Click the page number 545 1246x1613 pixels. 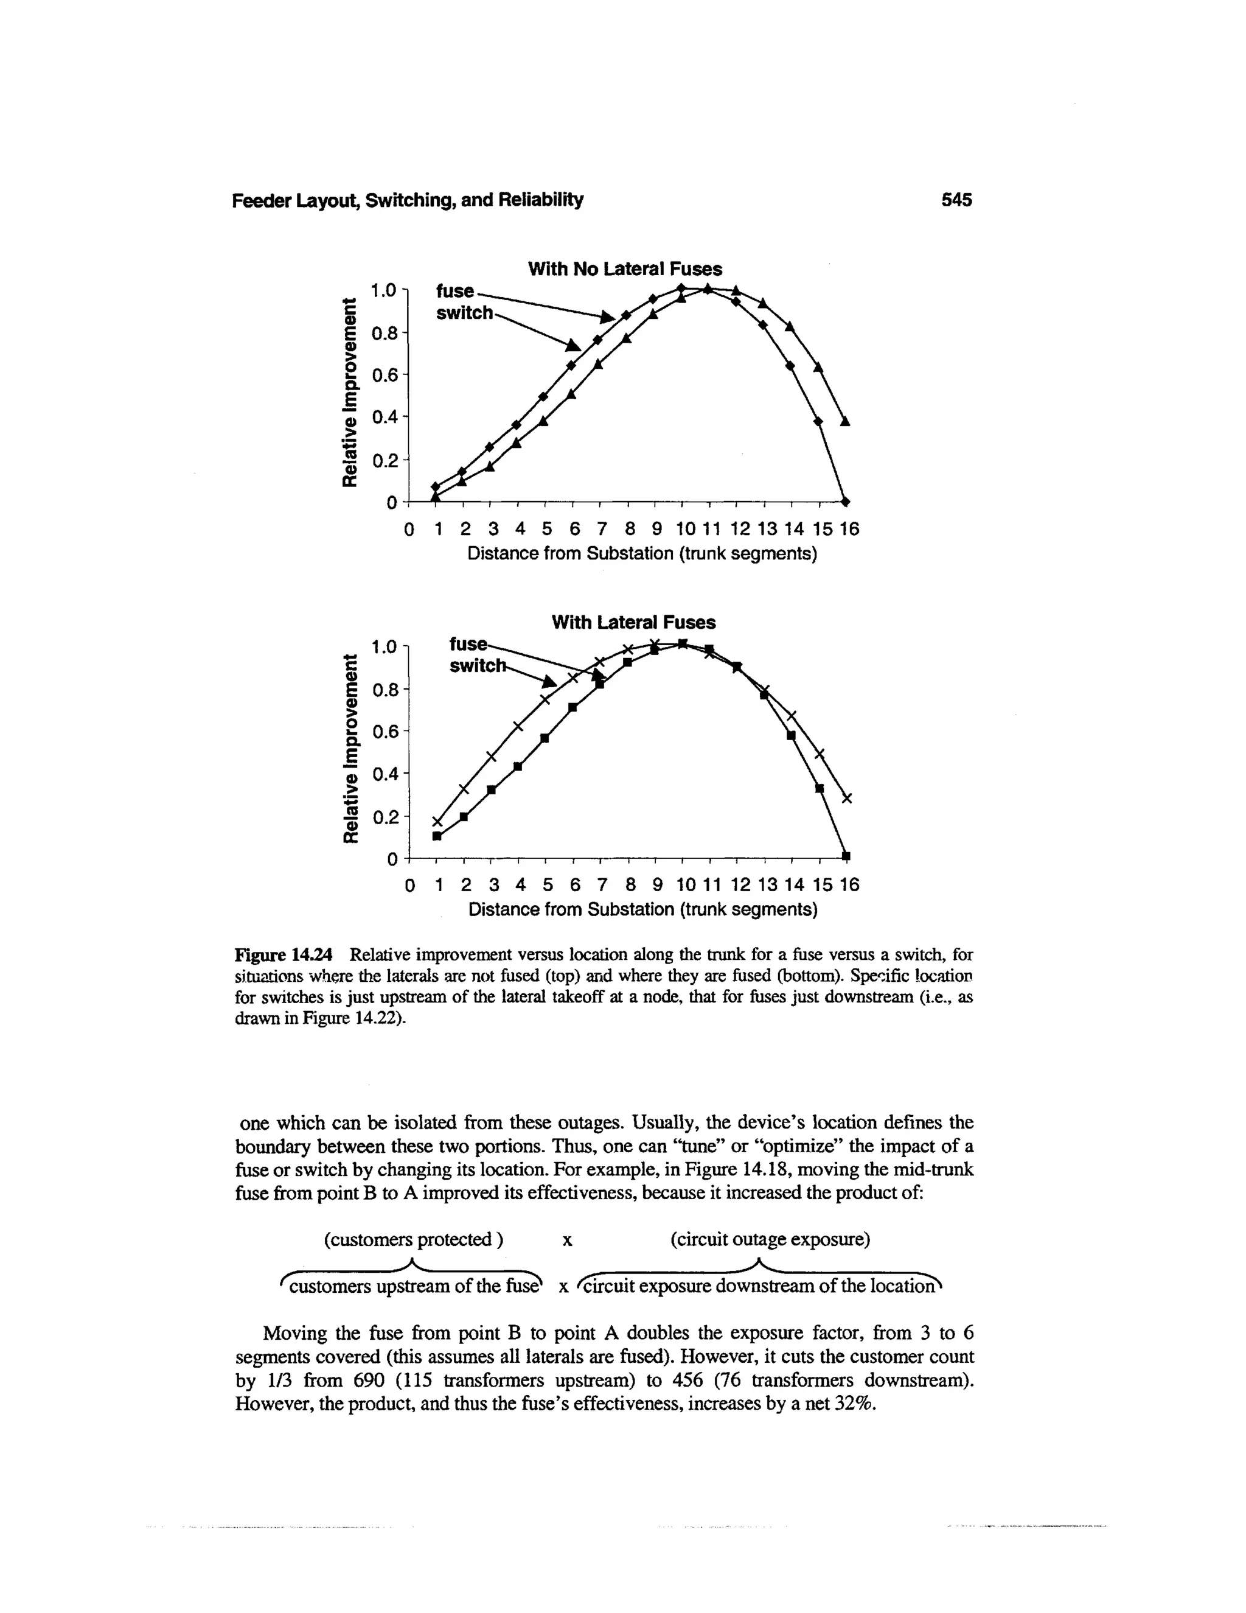(956, 200)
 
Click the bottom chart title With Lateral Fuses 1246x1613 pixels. (633, 623)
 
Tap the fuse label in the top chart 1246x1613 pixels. (454, 290)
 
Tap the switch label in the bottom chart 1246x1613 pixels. (478, 666)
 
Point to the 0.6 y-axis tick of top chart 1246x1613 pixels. (385, 375)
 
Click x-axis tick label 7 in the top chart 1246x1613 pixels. (601, 530)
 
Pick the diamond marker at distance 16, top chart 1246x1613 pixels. (846, 502)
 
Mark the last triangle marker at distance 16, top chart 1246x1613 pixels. (845, 421)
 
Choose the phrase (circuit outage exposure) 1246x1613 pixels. (770, 1239)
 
